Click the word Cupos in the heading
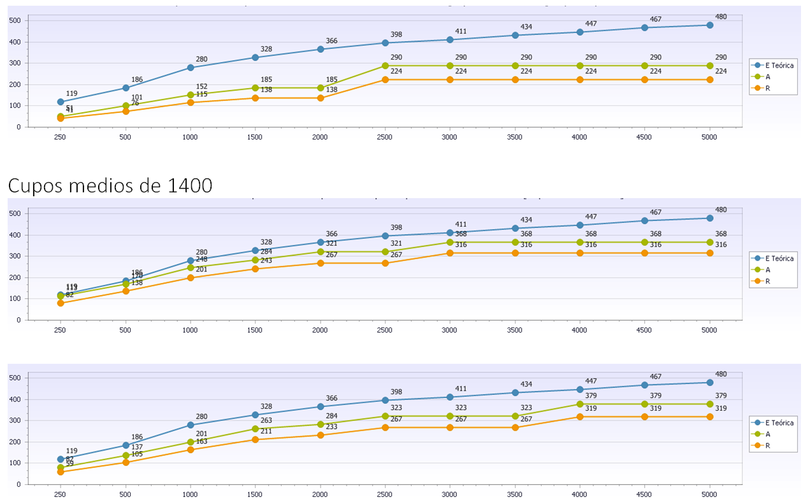pyautogui.click(x=33, y=186)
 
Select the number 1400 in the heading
pyautogui.click(x=190, y=186)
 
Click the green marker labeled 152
pyautogui.click(x=190, y=95)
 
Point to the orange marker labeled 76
pyautogui.click(x=126, y=111)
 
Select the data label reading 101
pyautogui.click(x=136, y=97)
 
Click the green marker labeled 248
pyautogui.click(x=190, y=268)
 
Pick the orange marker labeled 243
pyautogui.click(x=255, y=269)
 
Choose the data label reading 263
pyautogui.click(x=266, y=420)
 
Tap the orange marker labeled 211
pyautogui.click(x=255, y=440)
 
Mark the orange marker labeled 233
pyautogui.click(x=320, y=435)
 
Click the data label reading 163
pyautogui.click(x=201, y=441)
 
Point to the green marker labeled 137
pyautogui.click(x=126, y=455)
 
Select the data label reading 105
pyautogui.click(x=136, y=454)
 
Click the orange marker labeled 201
pyautogui.click(x=190, y=278)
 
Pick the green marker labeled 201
pyautogui.click(x=190, y=442)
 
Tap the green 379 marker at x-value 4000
pyautogui.click(x=580, y=404)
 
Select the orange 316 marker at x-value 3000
pyautogui.click(x=450, y=253)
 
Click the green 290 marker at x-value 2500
pyautogui.click(x=385, y=66)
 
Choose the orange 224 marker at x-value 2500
pyautogui.click(x=385, y=80)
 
